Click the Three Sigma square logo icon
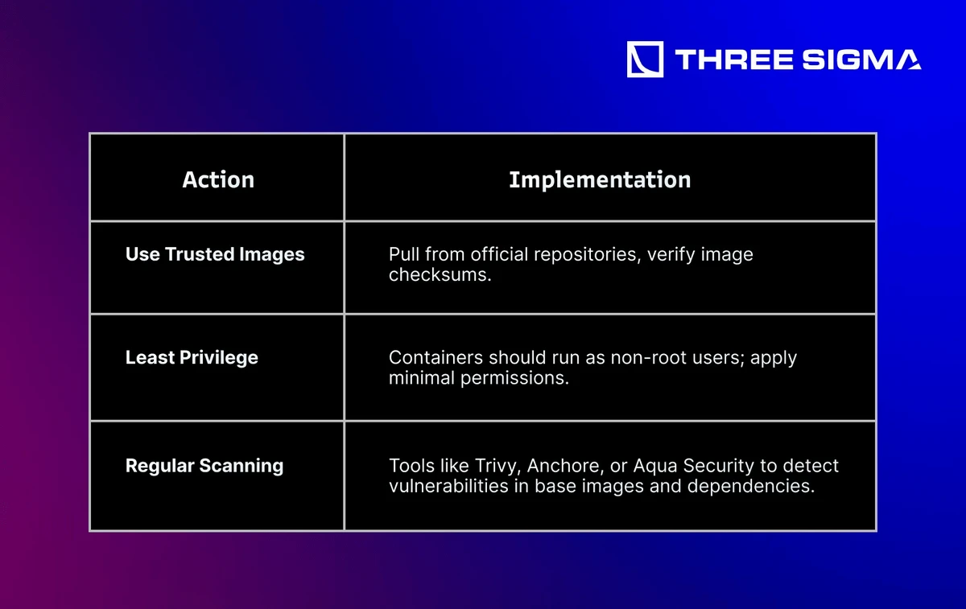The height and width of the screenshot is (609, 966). pyautogui.click(x=645, y=60)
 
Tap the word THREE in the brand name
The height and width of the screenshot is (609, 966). pyautogui.click(x=733, y=60)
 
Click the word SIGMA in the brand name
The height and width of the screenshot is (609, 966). pyautogui.click(x=861, y=60)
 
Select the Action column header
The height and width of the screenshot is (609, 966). pyautogui.click(x=218, y=179)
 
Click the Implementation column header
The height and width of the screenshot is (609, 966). pyautogui.click(x=600, y=179)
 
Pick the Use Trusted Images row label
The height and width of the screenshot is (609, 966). pyautogui.click(x=215, y=254)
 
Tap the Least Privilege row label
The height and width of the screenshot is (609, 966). pyautogui.click(x=192, y=358)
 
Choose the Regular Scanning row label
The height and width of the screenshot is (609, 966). pyautogui.click(x=204, y=466)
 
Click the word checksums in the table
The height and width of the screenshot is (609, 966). pyautogui.click(x=440, y=274)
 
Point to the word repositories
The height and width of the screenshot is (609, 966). pyautogui.click(x=585, y=255)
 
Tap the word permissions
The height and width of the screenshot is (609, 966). pyautogui.click(x=514, y=378)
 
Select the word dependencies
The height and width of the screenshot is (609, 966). pyautogui.click(x=751, y=487)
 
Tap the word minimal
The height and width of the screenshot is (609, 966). pyautogui.click(x=421, y=378)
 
